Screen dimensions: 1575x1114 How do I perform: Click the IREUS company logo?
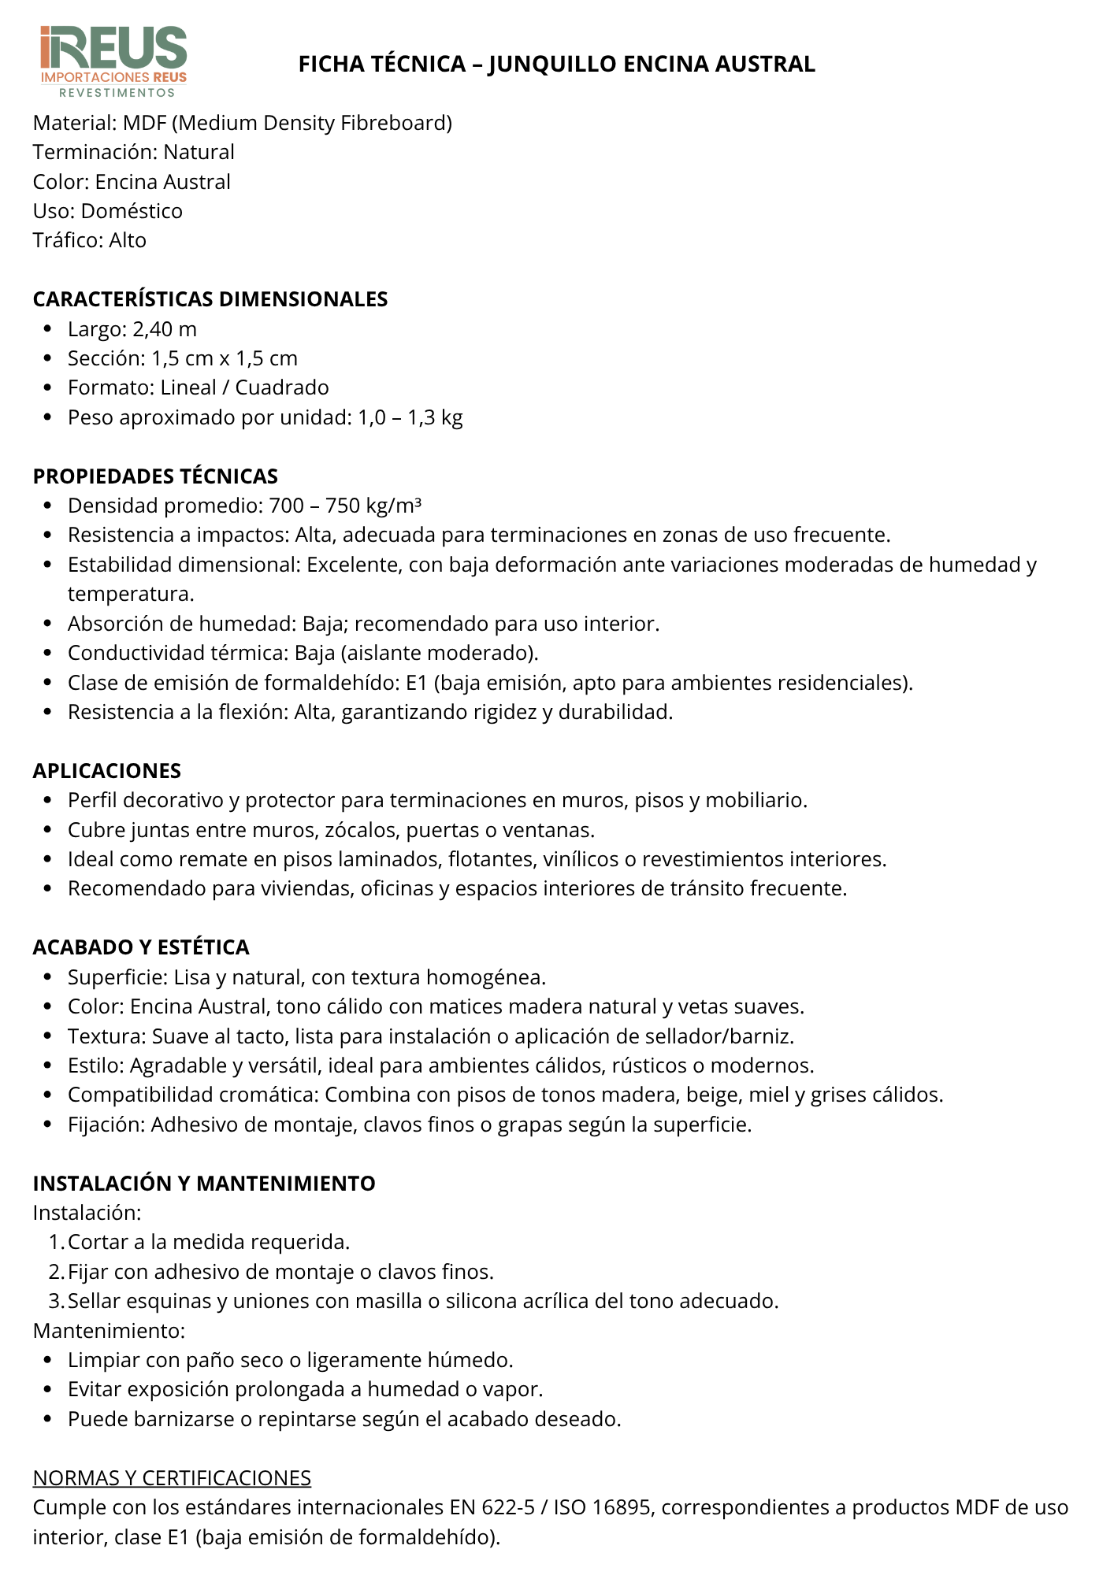coord(113,61)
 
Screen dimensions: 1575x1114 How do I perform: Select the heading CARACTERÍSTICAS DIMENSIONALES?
coord(210,299)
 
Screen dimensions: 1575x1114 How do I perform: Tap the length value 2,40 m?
coord(164,329)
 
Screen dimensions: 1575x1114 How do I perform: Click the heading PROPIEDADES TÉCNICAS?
coord(155,476)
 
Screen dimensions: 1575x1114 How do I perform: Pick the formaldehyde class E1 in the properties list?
coord(416,683)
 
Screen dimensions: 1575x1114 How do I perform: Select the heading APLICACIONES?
coord(107,771)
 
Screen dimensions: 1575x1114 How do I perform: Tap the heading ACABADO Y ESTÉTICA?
coord(141,947)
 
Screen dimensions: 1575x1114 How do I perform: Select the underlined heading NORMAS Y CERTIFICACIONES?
coord(172,1478)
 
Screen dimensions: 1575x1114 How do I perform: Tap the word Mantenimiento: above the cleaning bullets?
coord(109,1331)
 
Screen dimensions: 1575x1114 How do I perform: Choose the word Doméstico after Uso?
coord(132,211)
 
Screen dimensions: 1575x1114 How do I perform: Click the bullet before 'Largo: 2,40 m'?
coord(49,329)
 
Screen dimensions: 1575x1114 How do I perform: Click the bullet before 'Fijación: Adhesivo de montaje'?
coord(49,1125)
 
